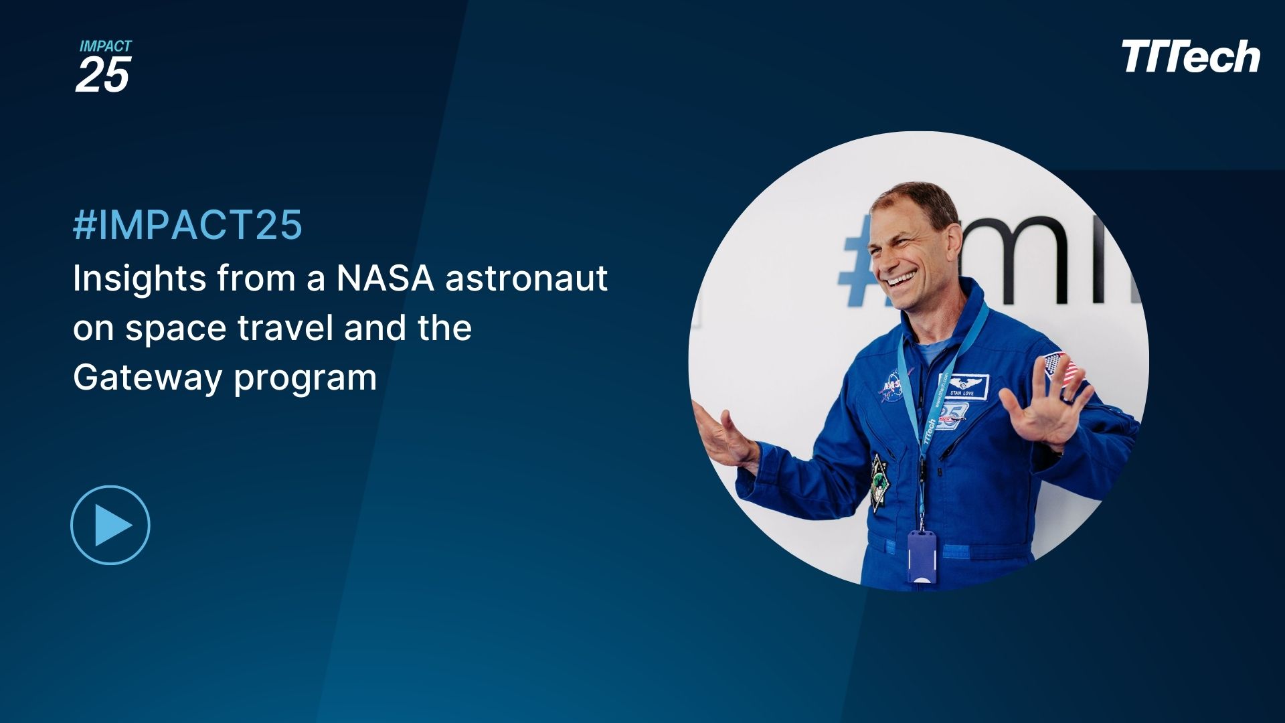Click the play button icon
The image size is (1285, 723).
(x=110, y=525)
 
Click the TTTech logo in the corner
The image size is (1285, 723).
(x=1190, y=57)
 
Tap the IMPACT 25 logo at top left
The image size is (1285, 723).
(x=104, y=66)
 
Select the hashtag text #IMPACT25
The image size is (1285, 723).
(x=187, y=225)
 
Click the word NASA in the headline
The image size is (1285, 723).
(x=385, y=278)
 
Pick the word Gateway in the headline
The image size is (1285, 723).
(x=147, y=378)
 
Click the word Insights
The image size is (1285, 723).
(x=139, y=278)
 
